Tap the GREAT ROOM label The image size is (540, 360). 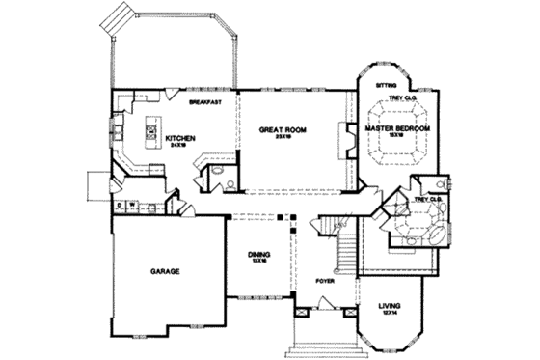click(283, 128)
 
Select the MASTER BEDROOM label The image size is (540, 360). click(396, 127)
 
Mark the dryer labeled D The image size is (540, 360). click(120, 205)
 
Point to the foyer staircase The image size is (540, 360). click(339, 249)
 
